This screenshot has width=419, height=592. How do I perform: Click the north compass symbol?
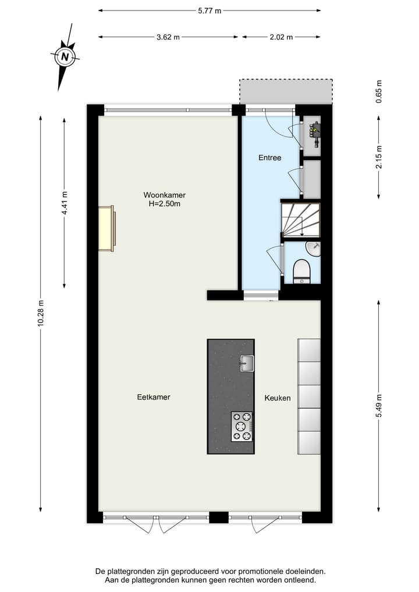pyautogui.click(x=66, y=56)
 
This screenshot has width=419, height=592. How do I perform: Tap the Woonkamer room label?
pyautogui.click(x=165, y=195)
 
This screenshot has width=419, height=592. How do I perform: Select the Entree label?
pyautogui.click(x=269, y=158)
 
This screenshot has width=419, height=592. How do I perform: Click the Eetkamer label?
pyautogui.click(x=153, y=398)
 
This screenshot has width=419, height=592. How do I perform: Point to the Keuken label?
pyautogui.click(x=278, y=398)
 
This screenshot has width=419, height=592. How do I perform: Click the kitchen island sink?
pyautogui.click(x=246, y=364)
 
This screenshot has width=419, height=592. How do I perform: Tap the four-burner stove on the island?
pyautogui.click(x=242, y=427)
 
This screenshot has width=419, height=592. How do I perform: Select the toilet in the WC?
pyautogui.click(x=301, y=271)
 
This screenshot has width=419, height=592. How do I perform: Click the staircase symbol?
pyautogui.click(x=300, y=219)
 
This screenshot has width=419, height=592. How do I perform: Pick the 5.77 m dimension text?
pyautogui.click(x=210, y=10)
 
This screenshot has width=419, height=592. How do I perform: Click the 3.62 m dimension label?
pyautogui.click(x=168, y=37)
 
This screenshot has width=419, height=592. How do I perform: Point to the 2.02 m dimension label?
pyautogui.click(x=281, y=37)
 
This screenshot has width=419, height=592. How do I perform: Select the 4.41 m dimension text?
pyautogui.click(x=65, y=203)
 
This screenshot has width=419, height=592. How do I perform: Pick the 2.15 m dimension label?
pyautogui.click(x=379, y=157)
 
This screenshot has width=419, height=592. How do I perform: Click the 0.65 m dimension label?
pyautogui.click(x=379, y=91)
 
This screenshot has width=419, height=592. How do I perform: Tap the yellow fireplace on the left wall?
pyautogui.click(x=106, y=229)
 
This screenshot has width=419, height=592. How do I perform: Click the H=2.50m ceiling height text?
pyautogui.click(x=165, y=204)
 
